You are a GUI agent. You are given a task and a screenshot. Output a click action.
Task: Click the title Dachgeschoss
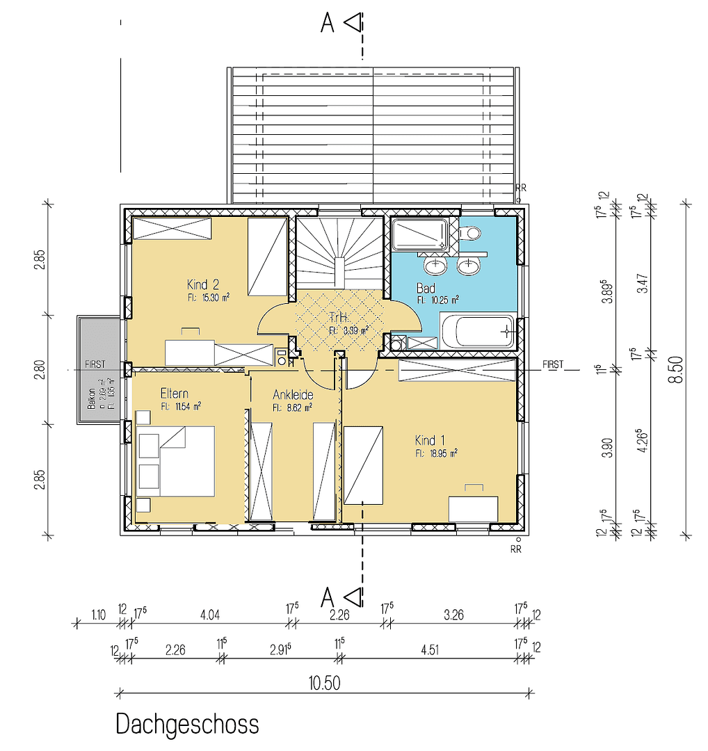coord(187,724)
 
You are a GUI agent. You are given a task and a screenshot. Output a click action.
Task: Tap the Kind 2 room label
coord(203,284)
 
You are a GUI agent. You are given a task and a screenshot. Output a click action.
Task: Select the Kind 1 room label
coord(429,440)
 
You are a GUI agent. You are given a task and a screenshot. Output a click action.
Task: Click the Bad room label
coord(426,288)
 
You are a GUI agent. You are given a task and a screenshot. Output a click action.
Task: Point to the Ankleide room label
coord(293,395)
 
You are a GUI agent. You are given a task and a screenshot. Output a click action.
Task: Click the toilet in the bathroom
coord(471,233)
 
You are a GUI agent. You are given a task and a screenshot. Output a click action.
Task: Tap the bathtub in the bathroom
coord(477,332)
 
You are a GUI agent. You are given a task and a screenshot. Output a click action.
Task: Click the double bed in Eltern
coord(176,461)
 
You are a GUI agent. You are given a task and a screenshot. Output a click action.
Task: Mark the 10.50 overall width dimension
coord(325,683)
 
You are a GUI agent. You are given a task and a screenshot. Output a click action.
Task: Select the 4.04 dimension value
coord(210,614)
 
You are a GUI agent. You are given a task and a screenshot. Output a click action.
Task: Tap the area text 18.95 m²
coord(437,453)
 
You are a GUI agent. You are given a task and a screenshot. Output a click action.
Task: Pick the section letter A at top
coord(328,24)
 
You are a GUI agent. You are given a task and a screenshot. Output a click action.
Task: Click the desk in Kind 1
coord(473,508)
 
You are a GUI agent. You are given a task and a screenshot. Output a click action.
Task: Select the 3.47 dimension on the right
coord(643,285)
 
